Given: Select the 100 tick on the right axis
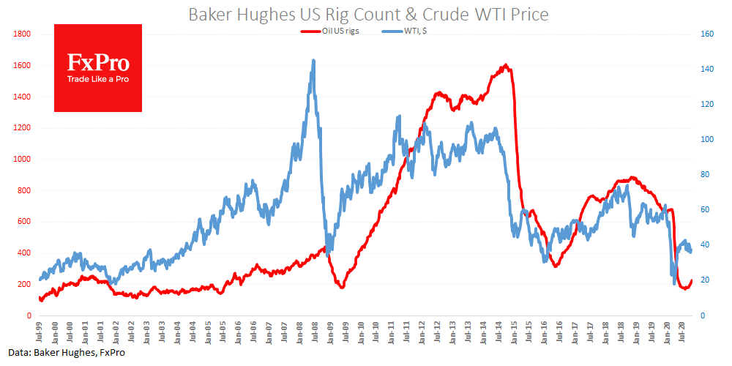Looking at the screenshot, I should (x=706, y=139).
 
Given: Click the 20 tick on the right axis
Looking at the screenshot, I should (x=705, y=280).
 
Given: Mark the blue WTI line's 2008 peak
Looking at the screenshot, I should (x=313, y=61).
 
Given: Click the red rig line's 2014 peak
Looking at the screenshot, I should (x=506, y=66).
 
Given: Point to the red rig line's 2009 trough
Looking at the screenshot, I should (x=341, y=287).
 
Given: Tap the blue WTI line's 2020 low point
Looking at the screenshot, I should (x=674, y=283).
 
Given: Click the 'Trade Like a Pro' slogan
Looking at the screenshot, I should (x=98, y=79).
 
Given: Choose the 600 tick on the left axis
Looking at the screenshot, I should (x=23, y=222).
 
